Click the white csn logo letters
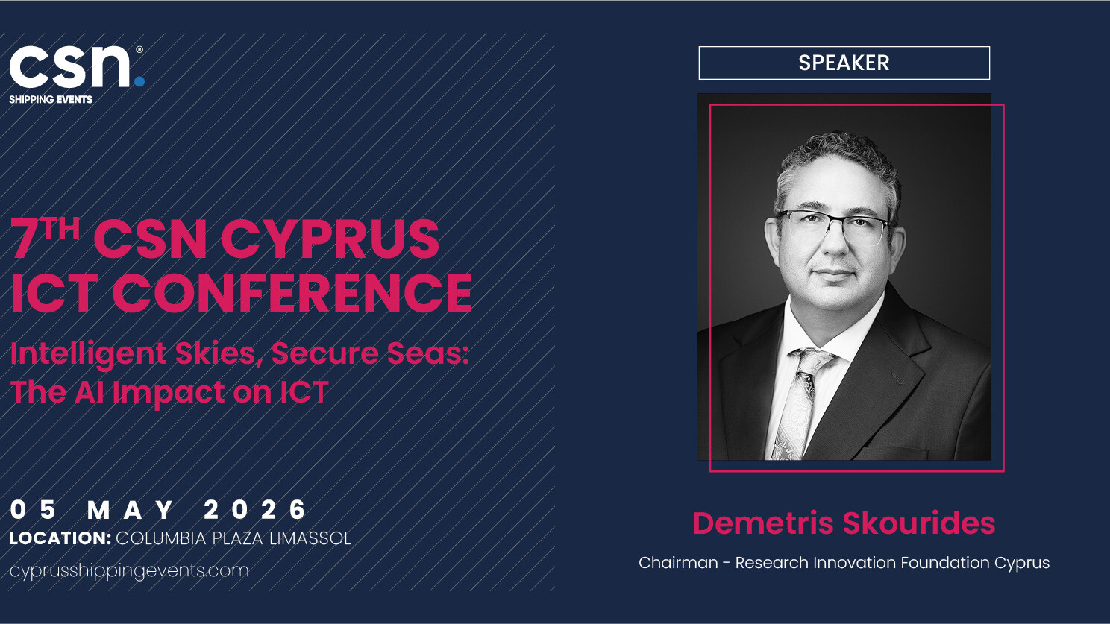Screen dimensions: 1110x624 click(70, 67)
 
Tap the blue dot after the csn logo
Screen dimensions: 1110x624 click(139, 81)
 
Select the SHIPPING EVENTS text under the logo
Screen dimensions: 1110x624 click(51, 100)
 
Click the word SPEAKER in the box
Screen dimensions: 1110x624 click(844, 63)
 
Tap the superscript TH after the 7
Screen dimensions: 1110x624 click(61, 228)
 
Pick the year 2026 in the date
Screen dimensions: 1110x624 click(255, 510)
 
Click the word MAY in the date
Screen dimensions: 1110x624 click(131, 510)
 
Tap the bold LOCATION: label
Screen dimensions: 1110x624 click(60, 538)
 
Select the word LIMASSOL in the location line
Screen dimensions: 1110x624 click(310, 538)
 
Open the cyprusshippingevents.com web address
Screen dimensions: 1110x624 click(129, 571)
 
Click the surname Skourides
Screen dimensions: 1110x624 click(919, 523)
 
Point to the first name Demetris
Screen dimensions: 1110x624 click(763, 523)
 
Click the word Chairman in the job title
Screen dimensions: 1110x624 click(678, 563)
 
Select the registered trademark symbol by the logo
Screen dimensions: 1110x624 click(139, 49)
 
